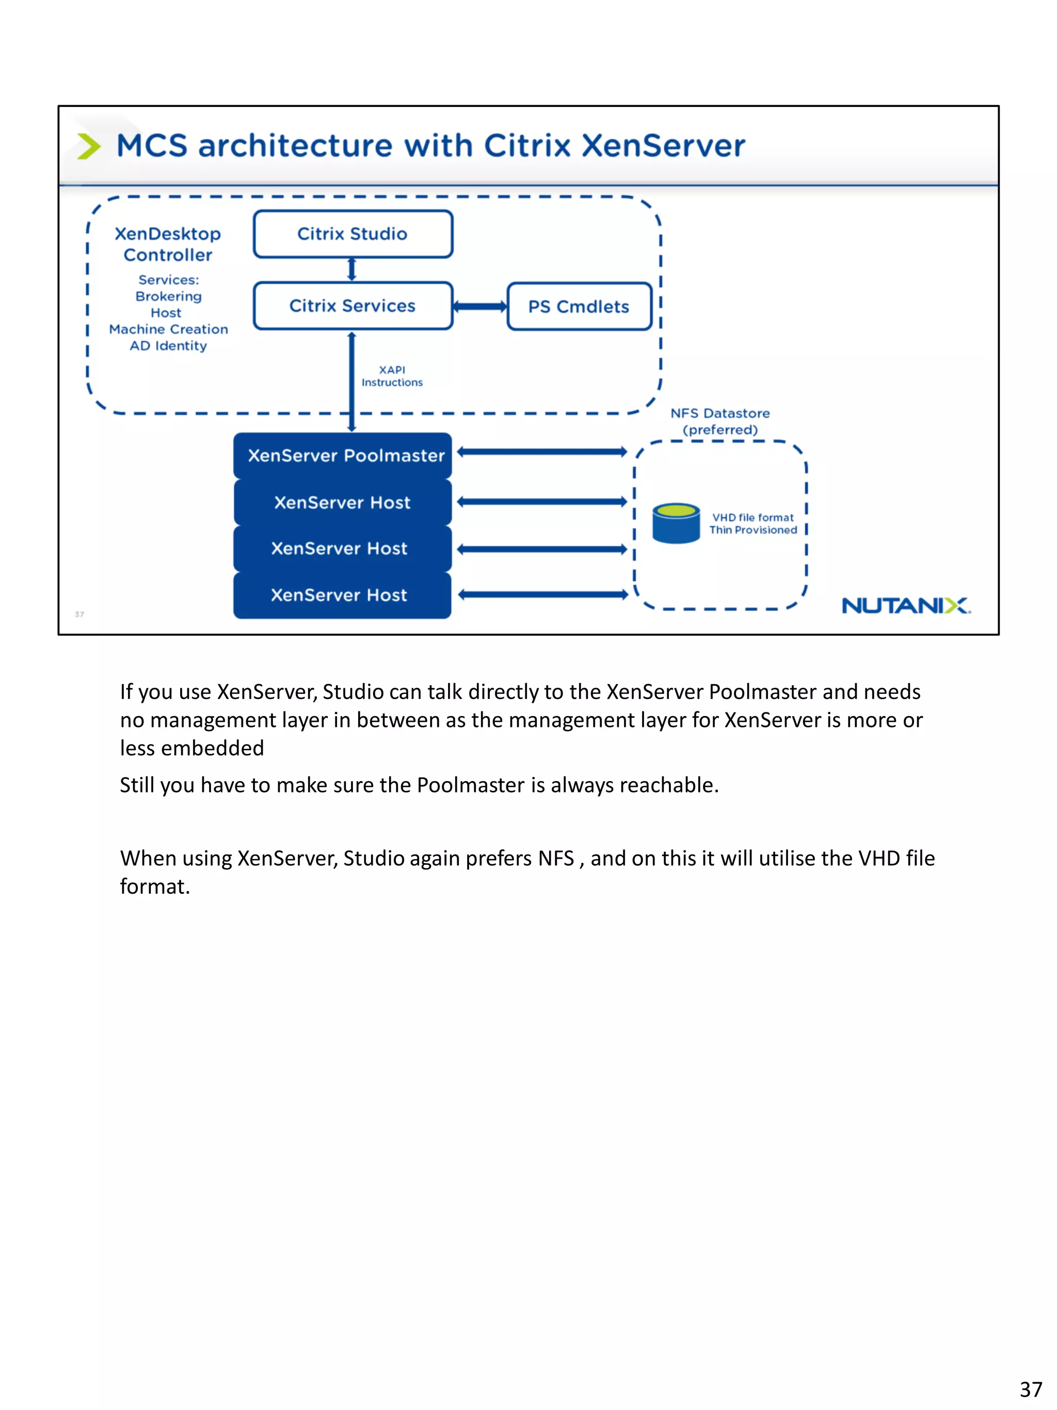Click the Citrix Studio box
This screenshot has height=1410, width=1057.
point(353,234)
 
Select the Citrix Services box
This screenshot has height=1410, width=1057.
point(353,306)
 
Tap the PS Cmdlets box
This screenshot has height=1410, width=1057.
point(579,307)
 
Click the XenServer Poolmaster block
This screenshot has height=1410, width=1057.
point(343,456)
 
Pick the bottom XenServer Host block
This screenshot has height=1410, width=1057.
point(342,595)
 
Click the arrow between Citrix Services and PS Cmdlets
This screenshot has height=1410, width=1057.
point(480,307)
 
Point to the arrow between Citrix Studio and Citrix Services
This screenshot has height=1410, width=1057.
point(351,270)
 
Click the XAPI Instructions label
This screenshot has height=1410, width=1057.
point(392,376)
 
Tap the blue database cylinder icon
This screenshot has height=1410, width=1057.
point(676,524)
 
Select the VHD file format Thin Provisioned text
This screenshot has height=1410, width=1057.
point(753,524)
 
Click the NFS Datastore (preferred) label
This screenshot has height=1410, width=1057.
point(720,421)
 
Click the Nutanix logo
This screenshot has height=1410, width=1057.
point(905,606)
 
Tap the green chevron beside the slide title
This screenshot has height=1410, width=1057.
point(89,146)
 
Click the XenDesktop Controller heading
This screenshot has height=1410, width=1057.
point(168,244)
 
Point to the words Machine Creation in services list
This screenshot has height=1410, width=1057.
point(168,329)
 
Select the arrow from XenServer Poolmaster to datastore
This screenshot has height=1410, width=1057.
point(542,452)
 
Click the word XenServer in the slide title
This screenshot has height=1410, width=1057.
point(663,146)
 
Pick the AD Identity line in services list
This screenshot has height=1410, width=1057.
point(168,346)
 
